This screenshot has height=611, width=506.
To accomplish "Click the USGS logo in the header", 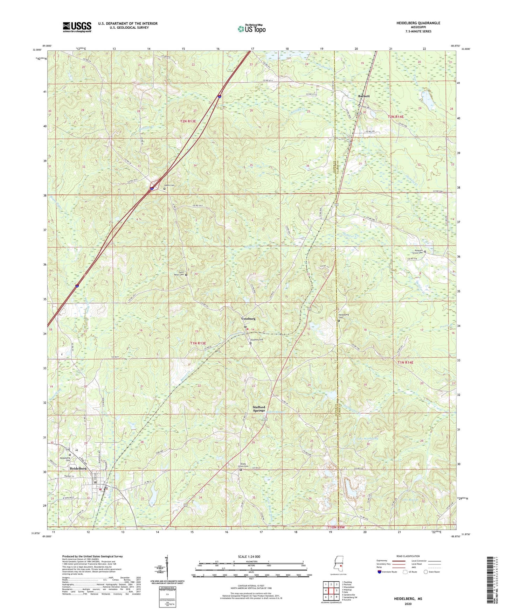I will pos(77,27).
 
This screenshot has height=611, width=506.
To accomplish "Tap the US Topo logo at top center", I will pos(251,29).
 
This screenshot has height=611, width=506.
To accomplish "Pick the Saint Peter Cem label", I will pos(179,275).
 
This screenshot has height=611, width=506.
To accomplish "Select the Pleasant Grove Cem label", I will pos(417,252).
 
